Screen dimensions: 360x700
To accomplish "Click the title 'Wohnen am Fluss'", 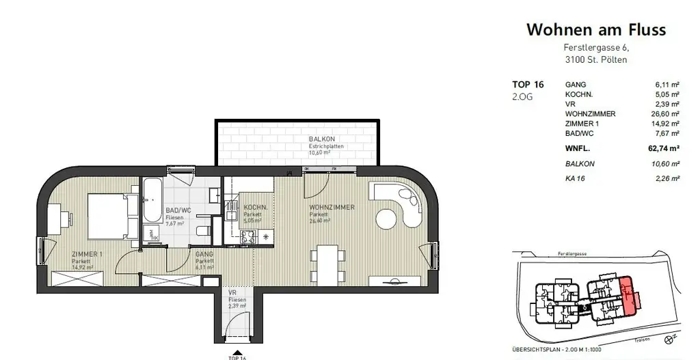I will point(596,30).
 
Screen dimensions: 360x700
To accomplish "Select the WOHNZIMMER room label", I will point(332,207).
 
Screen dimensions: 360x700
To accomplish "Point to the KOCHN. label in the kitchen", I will point(254,207).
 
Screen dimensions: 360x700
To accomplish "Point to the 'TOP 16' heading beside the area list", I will point(528,85).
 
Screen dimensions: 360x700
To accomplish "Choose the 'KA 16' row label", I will point(575,179).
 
